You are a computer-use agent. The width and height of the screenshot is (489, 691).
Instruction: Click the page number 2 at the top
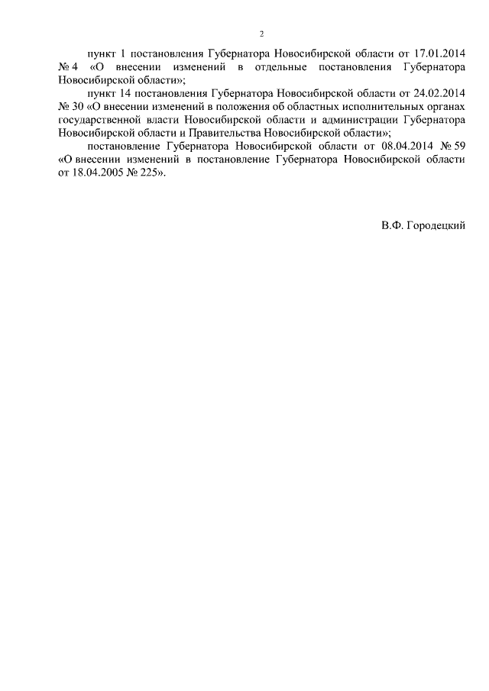(261, 34)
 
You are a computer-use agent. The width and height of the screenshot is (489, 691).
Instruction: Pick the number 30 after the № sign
(79, 108)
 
